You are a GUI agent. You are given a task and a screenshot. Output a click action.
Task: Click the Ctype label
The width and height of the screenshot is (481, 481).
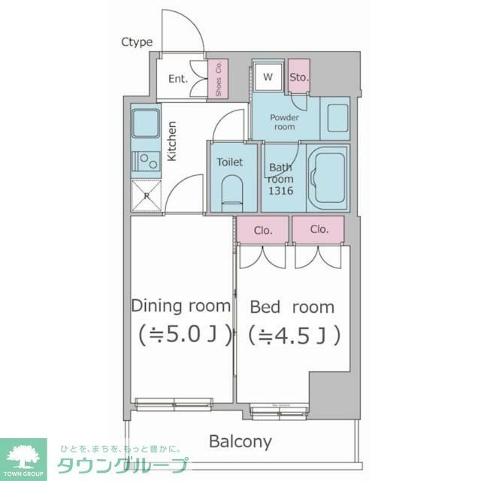click(137, 42)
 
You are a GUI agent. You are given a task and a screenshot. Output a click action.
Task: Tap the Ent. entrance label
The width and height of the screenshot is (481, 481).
click(177, 78)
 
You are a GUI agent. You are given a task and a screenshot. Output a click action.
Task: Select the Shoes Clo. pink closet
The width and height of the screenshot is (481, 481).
click(218, 78)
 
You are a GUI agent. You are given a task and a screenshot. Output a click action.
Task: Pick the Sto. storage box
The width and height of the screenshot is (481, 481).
click(299, 77)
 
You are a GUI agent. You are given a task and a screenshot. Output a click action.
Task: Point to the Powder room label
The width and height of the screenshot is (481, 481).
click(284, 122)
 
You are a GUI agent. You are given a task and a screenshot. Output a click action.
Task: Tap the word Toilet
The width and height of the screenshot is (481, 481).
click(229, 162)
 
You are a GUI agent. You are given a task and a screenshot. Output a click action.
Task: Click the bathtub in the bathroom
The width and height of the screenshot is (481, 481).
click(328, 177)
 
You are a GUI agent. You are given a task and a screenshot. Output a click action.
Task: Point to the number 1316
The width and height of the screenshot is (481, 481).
click(280, 191)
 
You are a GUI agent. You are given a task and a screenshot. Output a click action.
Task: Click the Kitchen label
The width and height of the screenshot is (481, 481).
click(172, 141)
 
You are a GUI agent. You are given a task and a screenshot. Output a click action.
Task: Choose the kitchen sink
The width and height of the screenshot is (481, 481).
click(144, 123)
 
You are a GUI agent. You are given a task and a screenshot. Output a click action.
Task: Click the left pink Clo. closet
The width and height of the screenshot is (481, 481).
click(263, 230)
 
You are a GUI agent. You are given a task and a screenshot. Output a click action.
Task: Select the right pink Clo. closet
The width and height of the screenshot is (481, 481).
click(319, 230)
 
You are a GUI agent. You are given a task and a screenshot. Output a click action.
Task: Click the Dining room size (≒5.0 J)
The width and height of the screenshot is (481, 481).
click(181, 333)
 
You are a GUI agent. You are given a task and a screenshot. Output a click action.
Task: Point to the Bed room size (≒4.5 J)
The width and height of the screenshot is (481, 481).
click(293, 333)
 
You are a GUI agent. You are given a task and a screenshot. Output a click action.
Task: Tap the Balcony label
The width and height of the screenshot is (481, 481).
click(240, 441)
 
